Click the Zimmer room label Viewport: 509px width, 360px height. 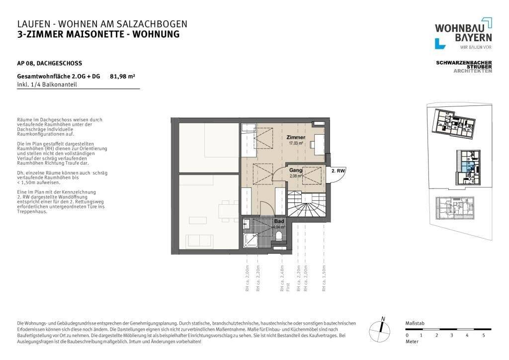[x=295, y=137]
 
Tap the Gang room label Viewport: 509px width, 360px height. [x=296, y=170]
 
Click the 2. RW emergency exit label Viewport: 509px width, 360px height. [x=338, y=171]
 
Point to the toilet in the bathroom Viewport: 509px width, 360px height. [x=280, y=236]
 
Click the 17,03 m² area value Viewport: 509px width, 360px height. [x=295, y=143]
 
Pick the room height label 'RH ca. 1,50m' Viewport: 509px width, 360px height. [x=324, y=278]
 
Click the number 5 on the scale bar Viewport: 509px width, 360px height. [x=483, y=335]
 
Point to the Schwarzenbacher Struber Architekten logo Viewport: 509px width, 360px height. [x=464, y=67]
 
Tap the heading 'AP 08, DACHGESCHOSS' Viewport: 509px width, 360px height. [x=49, y=63]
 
